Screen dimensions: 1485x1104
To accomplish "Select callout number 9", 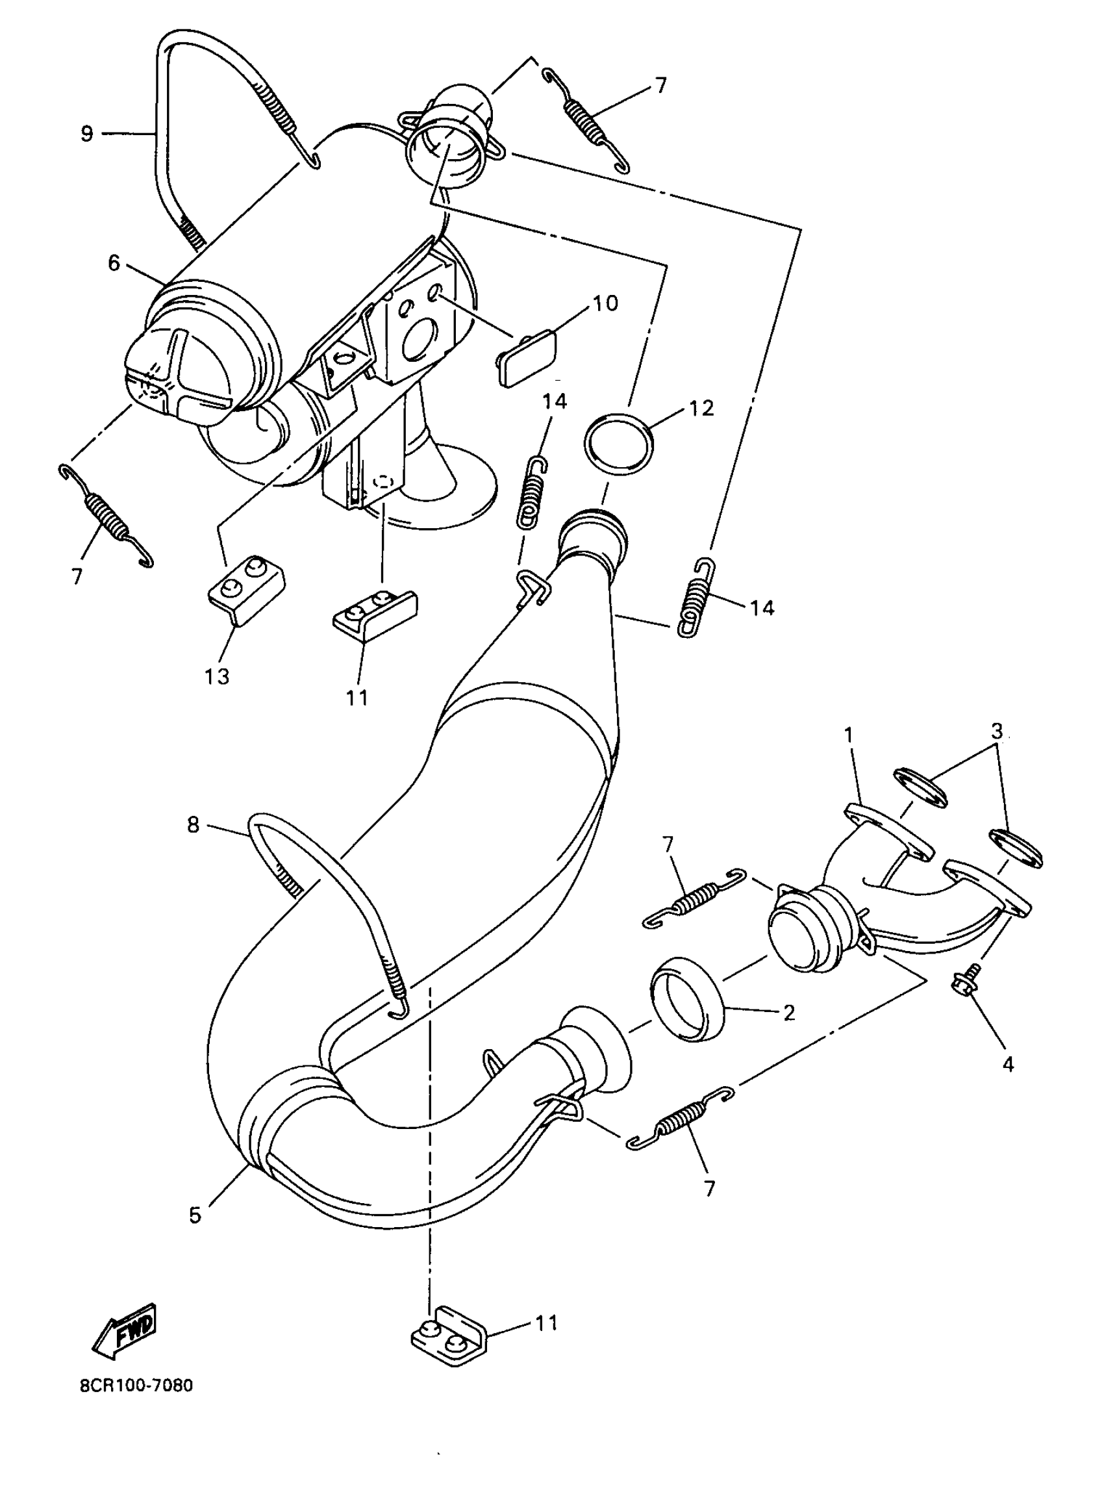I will [x=87, y=134].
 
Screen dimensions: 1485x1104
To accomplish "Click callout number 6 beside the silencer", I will [x=114, y=263].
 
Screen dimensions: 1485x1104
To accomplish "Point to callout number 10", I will [x=605, y=303].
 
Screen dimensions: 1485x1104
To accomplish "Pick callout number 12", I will [x=701, y=408].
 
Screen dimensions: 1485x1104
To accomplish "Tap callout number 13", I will [x=217, y=676].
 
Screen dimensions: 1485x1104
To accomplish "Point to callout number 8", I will [x=193, y=826].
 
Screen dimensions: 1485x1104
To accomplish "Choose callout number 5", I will [x=194, y=1213].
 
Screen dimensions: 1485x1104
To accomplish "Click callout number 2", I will [x=788, y=1013].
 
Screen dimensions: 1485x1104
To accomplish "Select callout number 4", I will [x=1008, y=1064].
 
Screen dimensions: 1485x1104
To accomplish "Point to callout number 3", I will [x=996, y=730].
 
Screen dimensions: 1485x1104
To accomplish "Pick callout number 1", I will [x=849, y=735].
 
